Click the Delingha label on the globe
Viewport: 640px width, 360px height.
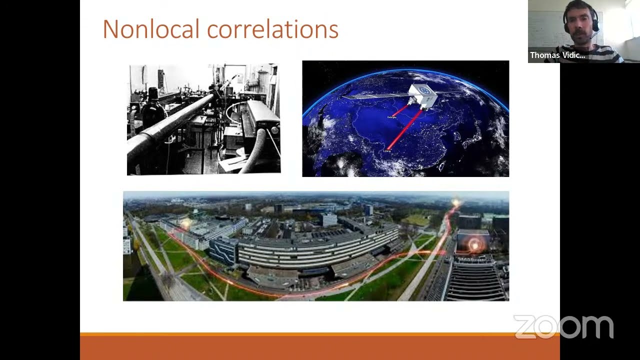coord(391,117)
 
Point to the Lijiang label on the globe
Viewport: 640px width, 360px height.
coord(387,151)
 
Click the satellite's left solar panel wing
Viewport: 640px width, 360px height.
coord(375,94)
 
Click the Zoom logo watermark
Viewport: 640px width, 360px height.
coord(563,327)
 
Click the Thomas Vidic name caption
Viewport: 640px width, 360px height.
coord(557,55)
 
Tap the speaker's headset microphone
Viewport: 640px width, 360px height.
coord(593,36)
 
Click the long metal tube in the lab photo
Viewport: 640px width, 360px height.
coord(170,125)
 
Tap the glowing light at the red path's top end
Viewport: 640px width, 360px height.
coord(455,203)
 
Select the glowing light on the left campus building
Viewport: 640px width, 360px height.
coord(185,224)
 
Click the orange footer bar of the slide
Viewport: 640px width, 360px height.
coord(320,347)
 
